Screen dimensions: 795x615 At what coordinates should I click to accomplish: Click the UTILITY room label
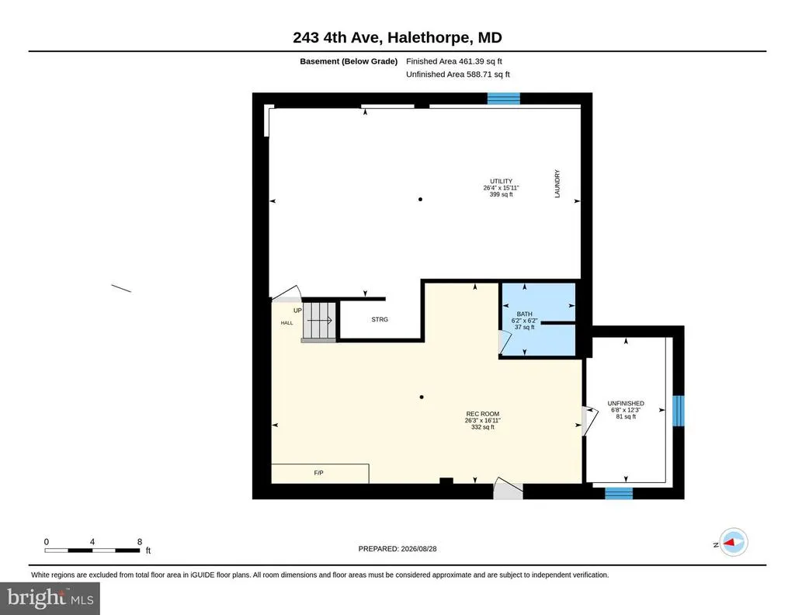(x=501, y=181)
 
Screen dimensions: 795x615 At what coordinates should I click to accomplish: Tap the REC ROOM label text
(x=483, y=414)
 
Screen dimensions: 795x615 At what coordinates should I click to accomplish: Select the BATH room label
(x=524, y=314)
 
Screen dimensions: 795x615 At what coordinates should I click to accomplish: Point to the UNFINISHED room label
(x=626, y=404)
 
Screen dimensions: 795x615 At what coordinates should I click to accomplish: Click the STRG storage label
(x=380, y=319)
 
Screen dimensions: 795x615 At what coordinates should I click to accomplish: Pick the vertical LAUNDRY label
(x=557, y=183)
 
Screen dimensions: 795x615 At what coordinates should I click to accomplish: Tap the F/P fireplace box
(x=320, y=474)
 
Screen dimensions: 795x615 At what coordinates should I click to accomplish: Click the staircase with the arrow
(x=319, y=321)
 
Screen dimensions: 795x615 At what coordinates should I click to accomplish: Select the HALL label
(x=287, y=323)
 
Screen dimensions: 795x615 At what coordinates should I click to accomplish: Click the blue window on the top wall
(x=503, y=99)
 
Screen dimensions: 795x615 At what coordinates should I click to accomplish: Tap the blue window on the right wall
(x=679, y=411)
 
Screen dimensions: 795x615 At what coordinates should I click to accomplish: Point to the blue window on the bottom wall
(x=619, y=493)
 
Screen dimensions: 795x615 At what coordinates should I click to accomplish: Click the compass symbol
(x=733, y=543)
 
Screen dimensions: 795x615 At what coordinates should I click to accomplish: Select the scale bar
(x=92, y=550)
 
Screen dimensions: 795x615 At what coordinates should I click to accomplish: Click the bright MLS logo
(x=50, y=598)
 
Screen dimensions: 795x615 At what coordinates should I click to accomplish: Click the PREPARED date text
(x=397, y=548)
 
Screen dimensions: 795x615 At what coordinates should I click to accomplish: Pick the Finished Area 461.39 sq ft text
(x=453, y=61)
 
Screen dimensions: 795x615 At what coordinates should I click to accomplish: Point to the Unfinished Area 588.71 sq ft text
(x=458, y=75)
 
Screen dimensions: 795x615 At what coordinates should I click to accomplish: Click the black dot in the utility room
(x=420, y=200)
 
